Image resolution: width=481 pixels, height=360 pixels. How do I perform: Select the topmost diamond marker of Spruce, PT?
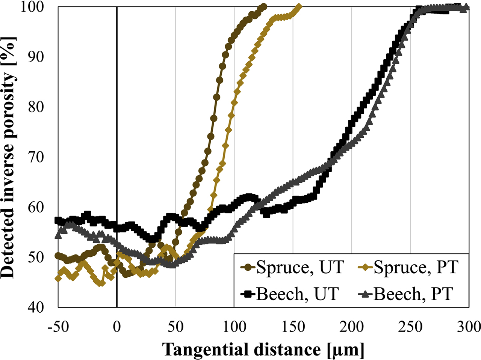[299, 7]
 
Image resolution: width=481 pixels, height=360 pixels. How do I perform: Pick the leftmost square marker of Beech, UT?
[58, 220]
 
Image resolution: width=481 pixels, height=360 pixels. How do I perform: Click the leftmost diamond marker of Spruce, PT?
[58, 278]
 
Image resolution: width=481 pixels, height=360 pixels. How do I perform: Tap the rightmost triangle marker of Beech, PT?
[466, 7]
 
